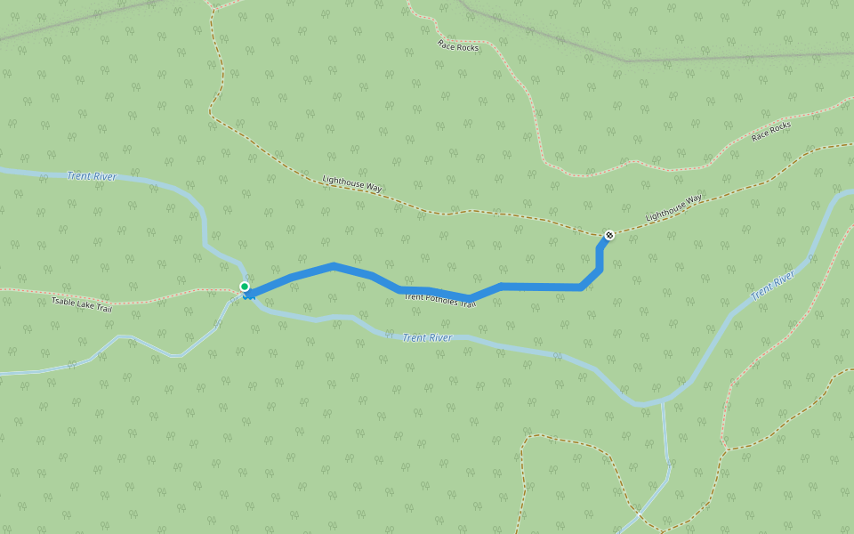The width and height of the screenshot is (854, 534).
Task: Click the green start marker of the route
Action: pyautogui.click(x=245, y=287)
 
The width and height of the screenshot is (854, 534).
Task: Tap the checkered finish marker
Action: pyautogui.click(x=609, y=235)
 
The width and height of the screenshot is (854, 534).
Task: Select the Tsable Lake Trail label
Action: pyautogui.click(x=81, y=304)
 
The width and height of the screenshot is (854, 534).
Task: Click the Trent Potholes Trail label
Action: pyautogui.click(x=440, y=301)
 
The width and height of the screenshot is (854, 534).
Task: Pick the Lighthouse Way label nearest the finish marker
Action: pyautogui.click(x=673, y=207)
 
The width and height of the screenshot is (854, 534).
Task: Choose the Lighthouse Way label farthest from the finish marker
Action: pyautogui.click(x=352, y=183)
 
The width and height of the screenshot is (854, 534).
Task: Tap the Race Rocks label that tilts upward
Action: pyautogui.click(x=770, y=132)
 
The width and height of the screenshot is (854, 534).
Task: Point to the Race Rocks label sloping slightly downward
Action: pyautogui.click(x=458, y=46)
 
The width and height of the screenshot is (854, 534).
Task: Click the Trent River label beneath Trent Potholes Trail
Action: pyautogui.click(x=427, y=337)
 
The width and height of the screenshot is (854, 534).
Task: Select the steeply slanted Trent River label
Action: pyautogui.click(x=771, y=287)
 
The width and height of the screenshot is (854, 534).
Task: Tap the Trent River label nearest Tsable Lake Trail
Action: pyautogui.click(x=92, y=176)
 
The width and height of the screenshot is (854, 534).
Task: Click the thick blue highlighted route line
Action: pyautogui.click(x=534, y=287)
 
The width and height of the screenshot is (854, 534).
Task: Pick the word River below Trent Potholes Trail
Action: pyautogui.click(x=439, y=338)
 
